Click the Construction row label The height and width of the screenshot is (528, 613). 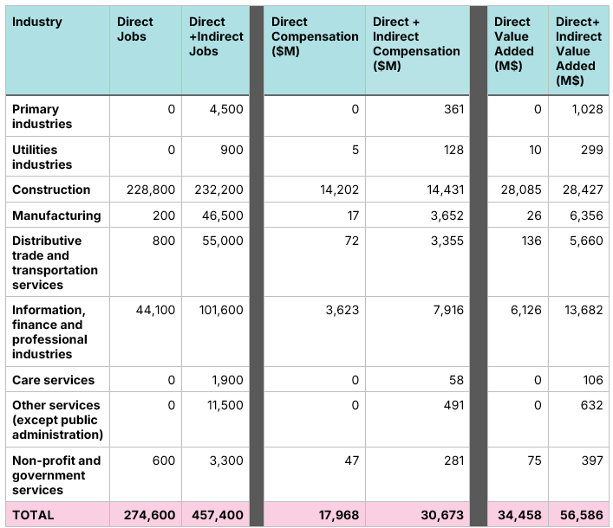tap(51, 190)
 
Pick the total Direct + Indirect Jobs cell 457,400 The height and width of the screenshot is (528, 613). tap(214, 515)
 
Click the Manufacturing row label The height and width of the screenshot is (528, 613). tap(56, 216)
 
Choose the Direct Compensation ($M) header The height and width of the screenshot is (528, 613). tap(314, 36)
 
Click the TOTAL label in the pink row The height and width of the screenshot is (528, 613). tap(33, 515)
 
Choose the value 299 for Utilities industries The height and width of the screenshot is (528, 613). tap(591, 150)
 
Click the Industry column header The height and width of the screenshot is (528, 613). tap(37, 22)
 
